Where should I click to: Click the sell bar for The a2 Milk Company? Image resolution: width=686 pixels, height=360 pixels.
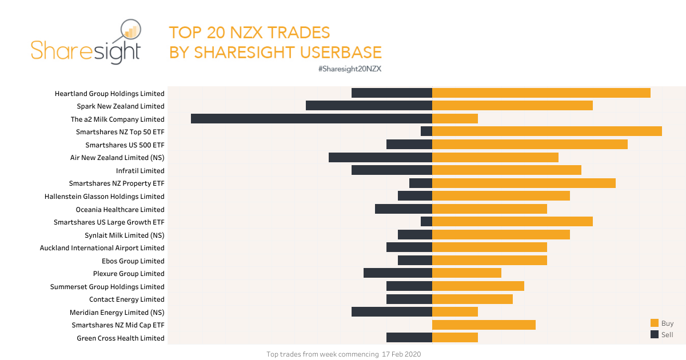point(312,119)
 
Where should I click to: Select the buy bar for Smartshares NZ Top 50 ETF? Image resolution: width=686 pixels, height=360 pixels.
point(547,131)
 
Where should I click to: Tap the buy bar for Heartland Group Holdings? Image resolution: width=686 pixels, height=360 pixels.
point(541,93)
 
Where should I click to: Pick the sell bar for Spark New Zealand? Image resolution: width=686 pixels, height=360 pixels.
point(369,106)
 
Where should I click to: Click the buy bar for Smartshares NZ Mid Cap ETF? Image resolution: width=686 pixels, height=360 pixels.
point(484,325)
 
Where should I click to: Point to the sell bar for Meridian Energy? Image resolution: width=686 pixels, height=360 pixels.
point(392,312)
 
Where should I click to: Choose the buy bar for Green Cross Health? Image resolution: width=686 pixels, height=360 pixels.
point(455,338)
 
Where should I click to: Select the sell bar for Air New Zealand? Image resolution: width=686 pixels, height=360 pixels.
point(380,157)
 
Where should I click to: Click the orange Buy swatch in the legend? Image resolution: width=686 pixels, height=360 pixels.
point(655,323)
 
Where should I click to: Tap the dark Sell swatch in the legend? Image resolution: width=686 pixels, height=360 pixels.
point(655,334)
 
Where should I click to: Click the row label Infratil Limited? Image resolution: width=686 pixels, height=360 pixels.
point(140,170)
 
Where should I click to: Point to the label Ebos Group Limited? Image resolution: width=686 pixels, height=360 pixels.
point(133,261)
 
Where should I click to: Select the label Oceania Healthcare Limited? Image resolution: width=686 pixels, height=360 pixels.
point(120,209)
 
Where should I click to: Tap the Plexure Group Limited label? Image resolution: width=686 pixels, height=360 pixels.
point(129,274)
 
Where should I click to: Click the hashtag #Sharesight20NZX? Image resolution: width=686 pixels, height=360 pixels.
point(349,69)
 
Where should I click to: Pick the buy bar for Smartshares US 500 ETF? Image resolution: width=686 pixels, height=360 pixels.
point(530,145)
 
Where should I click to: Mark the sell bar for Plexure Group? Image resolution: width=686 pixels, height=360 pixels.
point(397,273)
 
